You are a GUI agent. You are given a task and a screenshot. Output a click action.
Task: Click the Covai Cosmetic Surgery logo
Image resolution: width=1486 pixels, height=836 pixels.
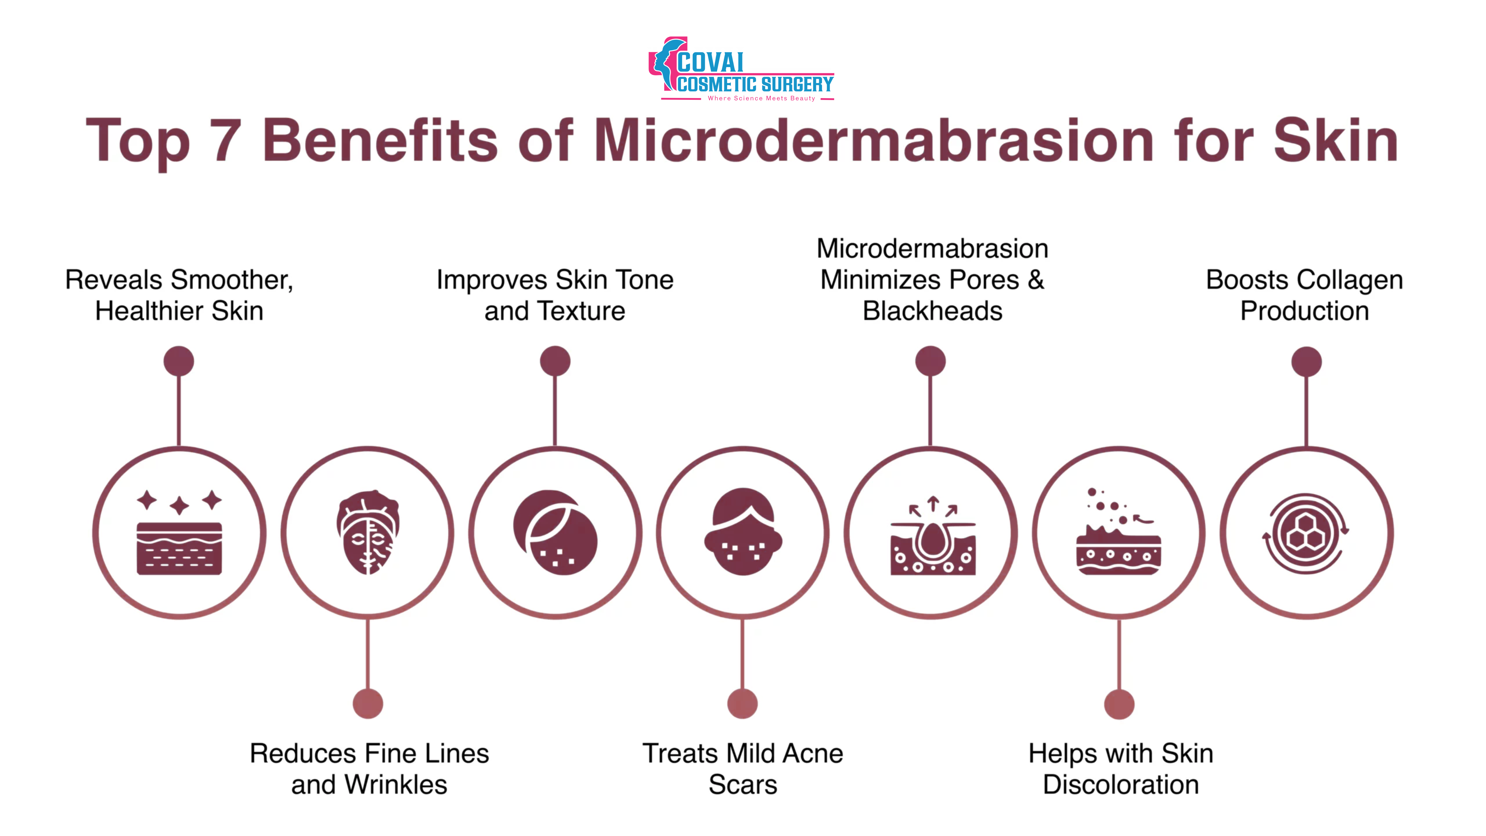(741, 69)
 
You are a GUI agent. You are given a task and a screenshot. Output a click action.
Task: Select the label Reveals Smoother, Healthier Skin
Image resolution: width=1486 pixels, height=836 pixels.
(179, 295)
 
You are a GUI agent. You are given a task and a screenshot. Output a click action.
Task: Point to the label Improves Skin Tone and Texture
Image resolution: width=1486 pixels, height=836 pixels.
(555, 295)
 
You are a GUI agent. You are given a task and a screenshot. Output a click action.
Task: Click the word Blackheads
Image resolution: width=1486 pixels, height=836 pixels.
(932, 311)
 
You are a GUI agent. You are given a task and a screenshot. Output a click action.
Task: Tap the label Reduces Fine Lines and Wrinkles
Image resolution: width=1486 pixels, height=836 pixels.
(369, 768)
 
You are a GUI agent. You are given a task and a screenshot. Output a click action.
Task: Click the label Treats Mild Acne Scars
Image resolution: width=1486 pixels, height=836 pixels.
(743, 768)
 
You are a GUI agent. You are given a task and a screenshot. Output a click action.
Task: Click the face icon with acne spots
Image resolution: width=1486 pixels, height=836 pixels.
(743, 532)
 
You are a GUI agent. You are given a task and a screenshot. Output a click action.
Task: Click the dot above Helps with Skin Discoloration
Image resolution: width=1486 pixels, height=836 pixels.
(1119, 704)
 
